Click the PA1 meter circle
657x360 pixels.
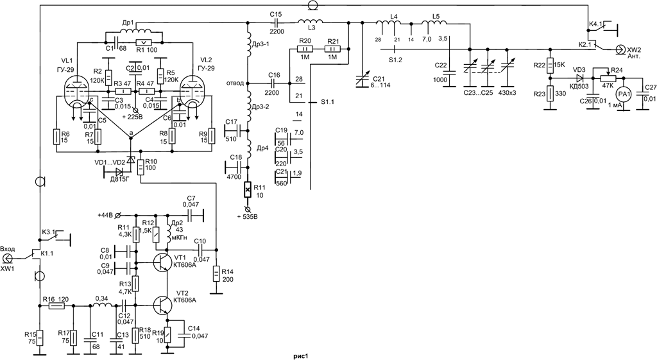pyautogui.click(x=624, y=96)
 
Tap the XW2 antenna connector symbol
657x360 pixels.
pyautogui.click(x=619, y=49)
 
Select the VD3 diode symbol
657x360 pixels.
pyautogui.click(x=579, y=78)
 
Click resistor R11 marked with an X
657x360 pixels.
pyautogui.click(x=248, y=191)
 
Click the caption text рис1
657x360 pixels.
pyautogui.click(x=301, y=356)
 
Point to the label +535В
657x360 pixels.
pyautogui.click(x=248, y=217)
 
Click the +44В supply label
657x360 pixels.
pyautogui.click(x=106, y=216)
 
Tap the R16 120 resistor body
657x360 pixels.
pyautogui.click(x=56, y=306)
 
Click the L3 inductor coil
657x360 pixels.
pyautogui.click(x=310, y=21)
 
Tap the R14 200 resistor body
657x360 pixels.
pyautogui.click(x=216, y=274)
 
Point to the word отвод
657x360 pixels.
pyautogui.click(x=235, y=83)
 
